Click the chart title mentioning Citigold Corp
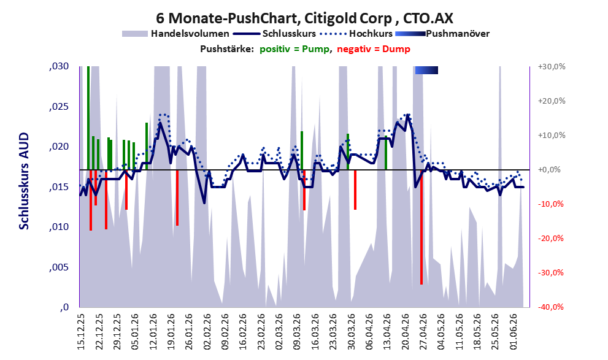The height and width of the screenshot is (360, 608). point(304,18)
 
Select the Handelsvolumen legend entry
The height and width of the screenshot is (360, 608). point(175,34)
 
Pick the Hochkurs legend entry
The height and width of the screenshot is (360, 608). point(356,34)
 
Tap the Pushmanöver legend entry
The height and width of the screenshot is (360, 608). point(442,34)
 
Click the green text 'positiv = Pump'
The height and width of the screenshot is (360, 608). point(295,49)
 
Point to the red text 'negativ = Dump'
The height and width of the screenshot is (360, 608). point(374,49)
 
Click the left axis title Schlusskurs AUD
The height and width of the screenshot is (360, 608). point(24,181)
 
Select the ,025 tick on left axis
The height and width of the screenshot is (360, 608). point(59,107)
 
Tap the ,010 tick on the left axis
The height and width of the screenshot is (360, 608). point(59,227)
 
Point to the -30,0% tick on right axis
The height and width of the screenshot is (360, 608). point(551,273)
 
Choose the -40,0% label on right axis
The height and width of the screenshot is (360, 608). point(551,307)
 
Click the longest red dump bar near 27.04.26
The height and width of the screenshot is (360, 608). point(421,227)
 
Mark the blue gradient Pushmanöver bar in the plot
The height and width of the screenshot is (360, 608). point(426,70)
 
